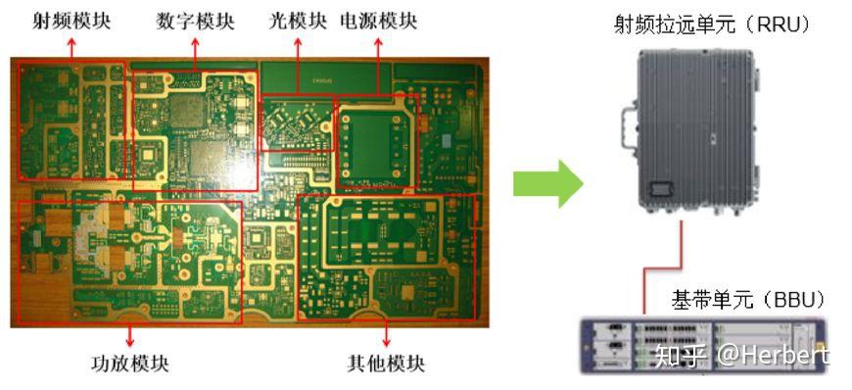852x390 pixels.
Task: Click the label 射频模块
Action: (71, 21)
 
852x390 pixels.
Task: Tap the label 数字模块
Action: (197, 21)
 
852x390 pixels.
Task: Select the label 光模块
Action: (298, 21)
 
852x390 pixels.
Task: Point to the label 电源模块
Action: (377, 21)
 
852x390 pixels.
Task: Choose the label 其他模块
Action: (386, 363)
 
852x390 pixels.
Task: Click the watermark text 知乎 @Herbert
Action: (741, 355)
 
